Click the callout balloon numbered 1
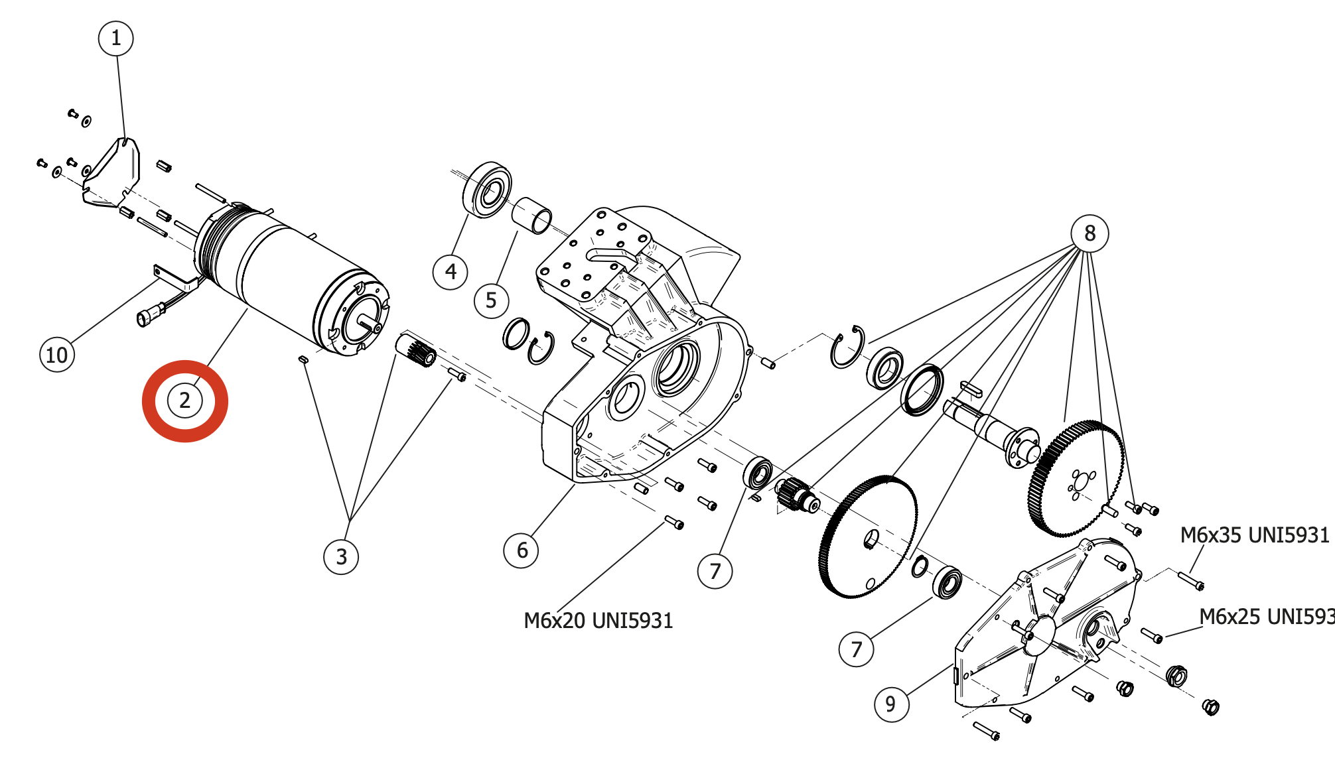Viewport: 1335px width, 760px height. click(x=116, y=38)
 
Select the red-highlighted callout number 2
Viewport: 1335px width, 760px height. click(x=184, y=401)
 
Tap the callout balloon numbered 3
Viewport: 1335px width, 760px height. click(x=341, y=556)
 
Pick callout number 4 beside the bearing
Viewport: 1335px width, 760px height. click(x=451, y=272)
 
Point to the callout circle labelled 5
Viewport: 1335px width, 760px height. click(x=491, y=300)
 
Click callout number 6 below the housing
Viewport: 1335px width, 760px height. click(x=522, y=550)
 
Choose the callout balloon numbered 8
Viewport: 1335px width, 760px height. click(x=1089, y=233)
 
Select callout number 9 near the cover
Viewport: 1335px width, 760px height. click(x=891, y=704)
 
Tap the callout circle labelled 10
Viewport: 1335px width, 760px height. click(x=57, y=355)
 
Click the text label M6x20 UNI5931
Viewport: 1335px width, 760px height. click(x=598, y=621)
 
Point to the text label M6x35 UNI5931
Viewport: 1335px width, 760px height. click(x=1254, y=535)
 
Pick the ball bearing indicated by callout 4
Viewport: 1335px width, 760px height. click(x=488, y=190)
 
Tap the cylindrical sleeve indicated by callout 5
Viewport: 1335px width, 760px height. click(x=531, y=215)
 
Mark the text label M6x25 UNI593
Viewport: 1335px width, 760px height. click(x=1266, y=617)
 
